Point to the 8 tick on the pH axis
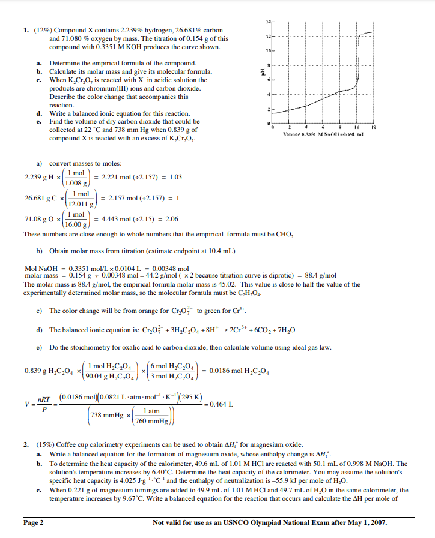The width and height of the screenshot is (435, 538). pyautogui.click(x=269, y=65)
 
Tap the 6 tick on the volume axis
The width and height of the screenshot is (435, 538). pyautogui.click(x=323, y=127)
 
